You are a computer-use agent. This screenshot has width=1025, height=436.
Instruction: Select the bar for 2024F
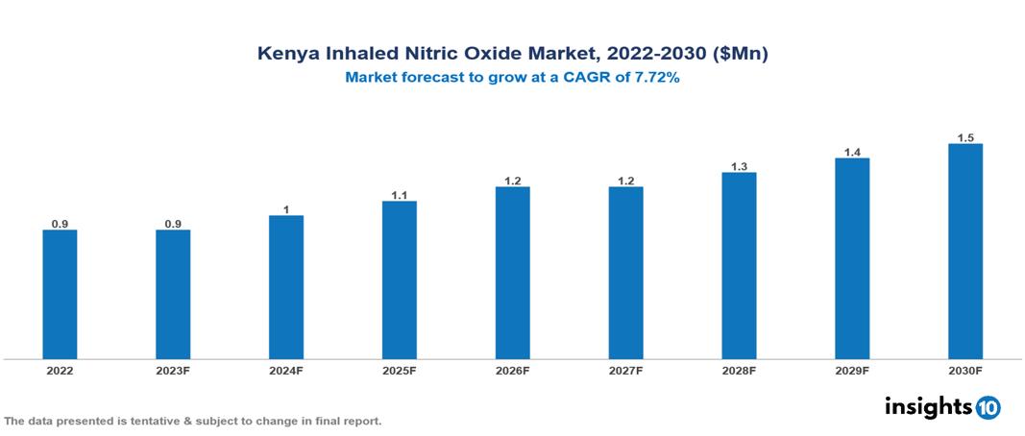[286, 287]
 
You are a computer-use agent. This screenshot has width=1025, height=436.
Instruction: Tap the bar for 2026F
[512, 273]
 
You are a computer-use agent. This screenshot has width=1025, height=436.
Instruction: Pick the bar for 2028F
[739, 266]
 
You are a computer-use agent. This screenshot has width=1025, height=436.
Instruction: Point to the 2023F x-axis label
[173, 370]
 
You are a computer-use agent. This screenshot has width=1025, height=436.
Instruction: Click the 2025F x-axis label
[400, 370]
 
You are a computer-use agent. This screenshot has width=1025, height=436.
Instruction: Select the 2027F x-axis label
[625, 370]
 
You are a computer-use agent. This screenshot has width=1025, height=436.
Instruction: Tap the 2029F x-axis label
[852, 370]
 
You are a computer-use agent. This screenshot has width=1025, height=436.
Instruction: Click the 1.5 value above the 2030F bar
[965, 137]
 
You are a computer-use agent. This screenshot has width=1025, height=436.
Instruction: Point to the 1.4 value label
[852, 152]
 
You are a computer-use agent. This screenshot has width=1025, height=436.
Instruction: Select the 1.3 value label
[739, 166]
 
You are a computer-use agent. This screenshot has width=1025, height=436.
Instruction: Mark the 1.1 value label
[400, 195]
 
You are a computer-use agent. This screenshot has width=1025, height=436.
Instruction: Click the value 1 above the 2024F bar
[286, 209]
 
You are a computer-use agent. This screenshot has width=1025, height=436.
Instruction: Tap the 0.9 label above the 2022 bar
[60, 224]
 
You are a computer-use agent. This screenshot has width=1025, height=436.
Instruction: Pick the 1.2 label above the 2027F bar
[625, 181]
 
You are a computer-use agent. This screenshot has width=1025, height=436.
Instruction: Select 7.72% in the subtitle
[653, 79]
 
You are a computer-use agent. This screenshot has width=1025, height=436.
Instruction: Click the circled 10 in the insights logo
[988, 407]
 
